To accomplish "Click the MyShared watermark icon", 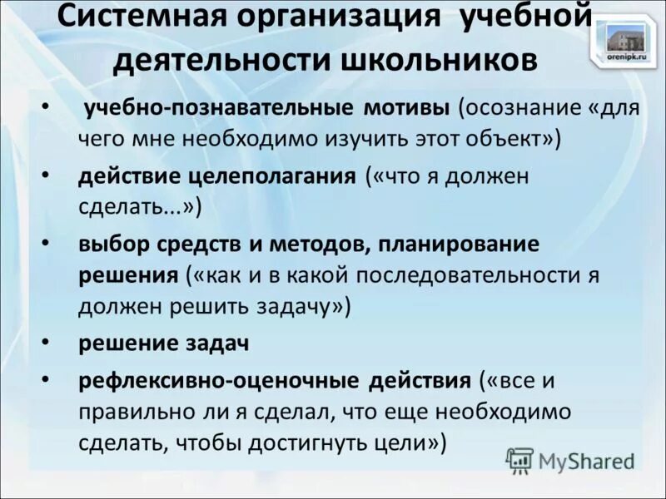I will click(x=519, y=460).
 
